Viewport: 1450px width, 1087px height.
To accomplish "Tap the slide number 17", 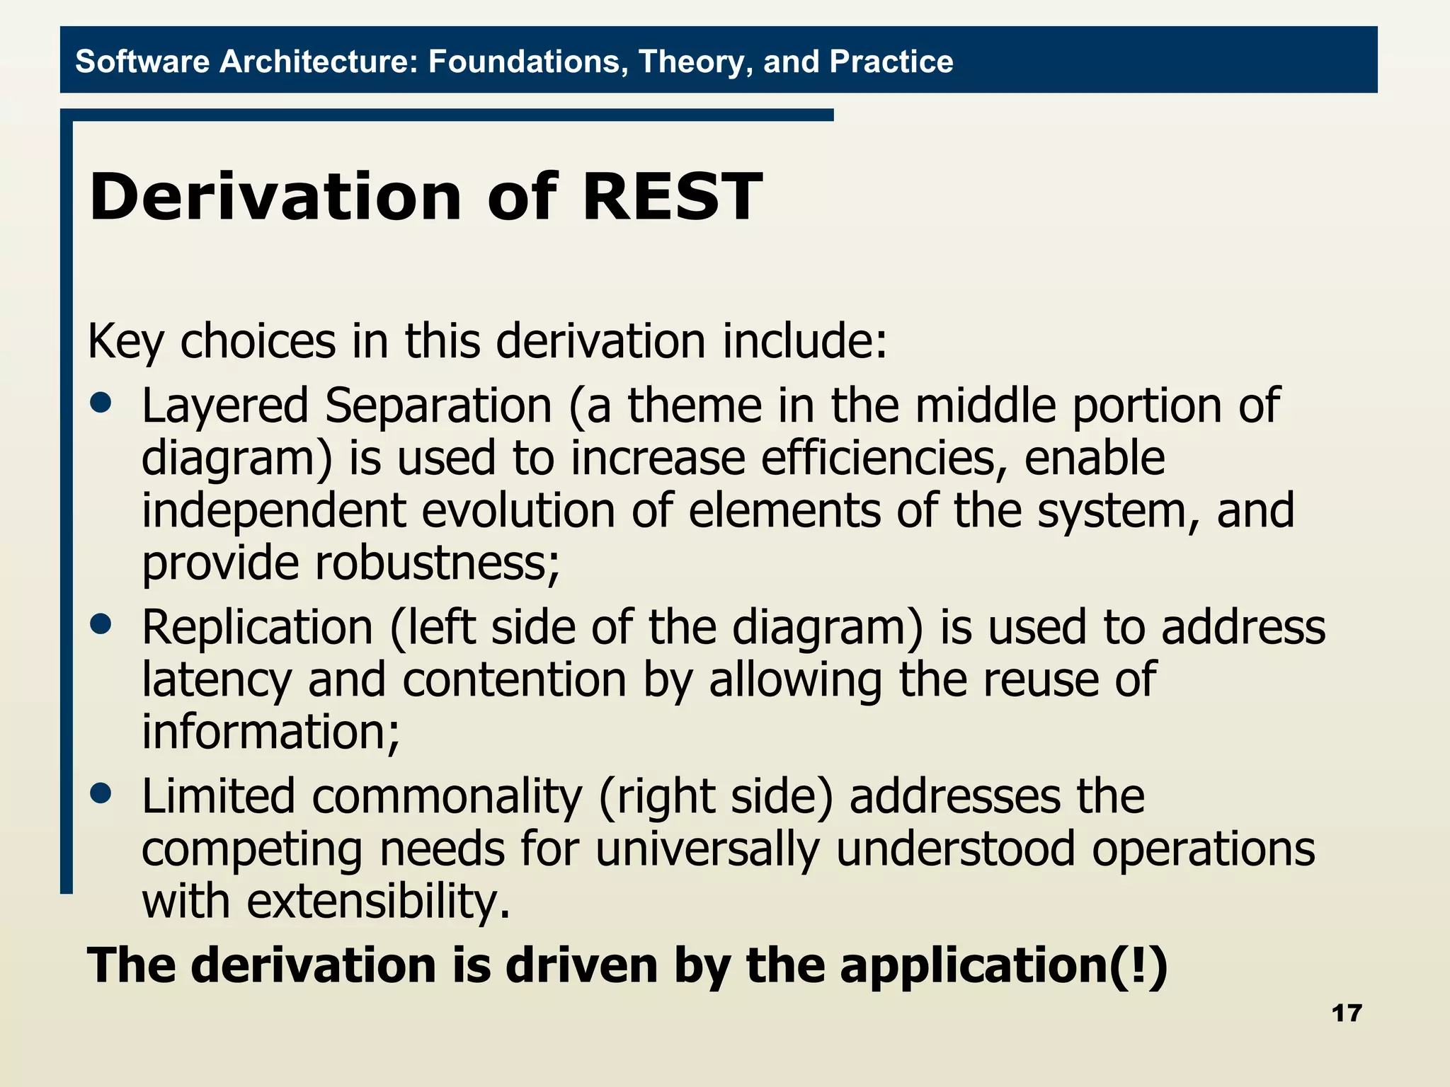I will [1346, 1013].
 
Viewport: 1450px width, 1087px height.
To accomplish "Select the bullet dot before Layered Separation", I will [101, 403].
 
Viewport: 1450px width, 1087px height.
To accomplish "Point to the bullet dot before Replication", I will [101, 624].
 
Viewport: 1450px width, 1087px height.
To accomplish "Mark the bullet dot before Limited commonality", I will [101, 793].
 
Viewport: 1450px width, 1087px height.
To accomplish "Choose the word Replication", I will [257, 627].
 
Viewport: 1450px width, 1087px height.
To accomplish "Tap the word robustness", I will [435, 563].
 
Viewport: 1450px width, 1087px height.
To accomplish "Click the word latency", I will [217, 679].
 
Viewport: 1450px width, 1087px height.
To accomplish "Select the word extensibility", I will [377, 902].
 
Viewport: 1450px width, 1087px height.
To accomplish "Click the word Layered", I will [225, 406].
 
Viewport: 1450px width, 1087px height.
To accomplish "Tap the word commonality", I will [446, 797].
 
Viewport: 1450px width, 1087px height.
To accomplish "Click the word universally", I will [707, 849].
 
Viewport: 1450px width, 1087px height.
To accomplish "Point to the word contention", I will [515, 679].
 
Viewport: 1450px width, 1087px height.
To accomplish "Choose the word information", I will [269, 732].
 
